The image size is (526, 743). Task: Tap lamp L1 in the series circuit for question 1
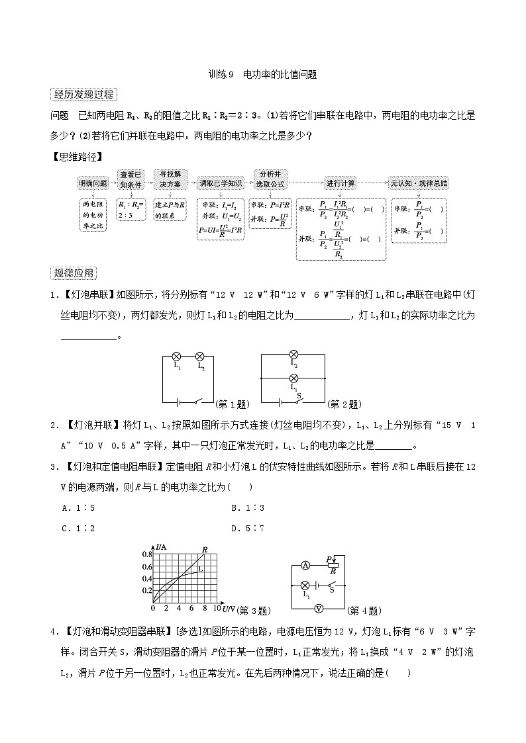(x=176, y=355)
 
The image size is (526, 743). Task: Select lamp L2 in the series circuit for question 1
(x=201, y=355)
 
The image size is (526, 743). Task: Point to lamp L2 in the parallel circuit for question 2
(x=294, y=355)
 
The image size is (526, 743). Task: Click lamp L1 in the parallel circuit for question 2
(x=294, y=378)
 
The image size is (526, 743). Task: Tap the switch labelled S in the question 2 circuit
(x=299, y=399)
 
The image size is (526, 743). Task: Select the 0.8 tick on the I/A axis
(x=147, y=554)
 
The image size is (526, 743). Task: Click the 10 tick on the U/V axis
(x=216, y=608)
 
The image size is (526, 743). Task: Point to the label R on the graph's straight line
(x=205, y=549)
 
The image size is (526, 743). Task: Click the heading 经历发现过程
(x=83, y=95)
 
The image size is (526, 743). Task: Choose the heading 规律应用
(x=74, y=273)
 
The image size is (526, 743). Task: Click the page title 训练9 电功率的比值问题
(x=262, y=75)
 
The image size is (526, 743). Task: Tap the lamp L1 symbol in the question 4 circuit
(x=305, y=586)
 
